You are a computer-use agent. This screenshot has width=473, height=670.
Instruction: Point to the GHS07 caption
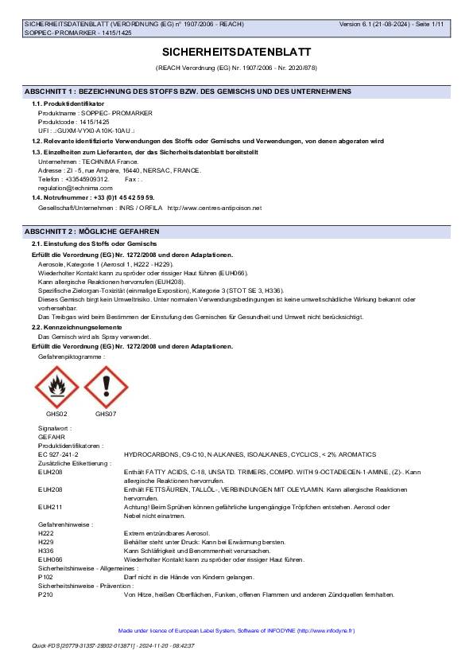pos(106,414)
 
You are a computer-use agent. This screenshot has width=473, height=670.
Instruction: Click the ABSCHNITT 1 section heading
pos(188,92)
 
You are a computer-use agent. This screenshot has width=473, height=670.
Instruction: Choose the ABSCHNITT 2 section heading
pos(92,231)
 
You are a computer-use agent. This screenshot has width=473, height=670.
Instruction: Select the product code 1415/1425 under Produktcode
pos(102,122)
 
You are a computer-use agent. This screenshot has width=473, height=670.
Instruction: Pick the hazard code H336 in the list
pos(45,550)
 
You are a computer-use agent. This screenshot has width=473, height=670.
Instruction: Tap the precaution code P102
pos(45,577)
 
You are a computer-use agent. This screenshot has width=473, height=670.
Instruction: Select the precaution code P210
pos(45,594)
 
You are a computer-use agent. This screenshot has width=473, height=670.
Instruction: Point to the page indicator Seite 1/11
pos(430,25)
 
